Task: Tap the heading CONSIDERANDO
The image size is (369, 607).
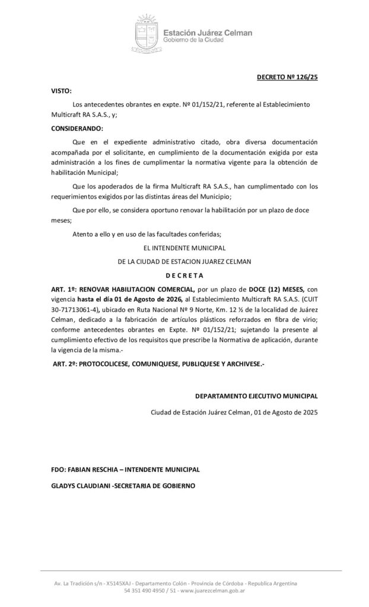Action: pos(77,128)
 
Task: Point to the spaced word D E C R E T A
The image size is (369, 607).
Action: pos(184,275)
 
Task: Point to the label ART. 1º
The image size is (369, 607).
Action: pos(63,287)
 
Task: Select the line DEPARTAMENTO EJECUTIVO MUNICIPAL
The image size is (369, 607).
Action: pos(256,396)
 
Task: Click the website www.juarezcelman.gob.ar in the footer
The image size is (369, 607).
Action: pos(212,590)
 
